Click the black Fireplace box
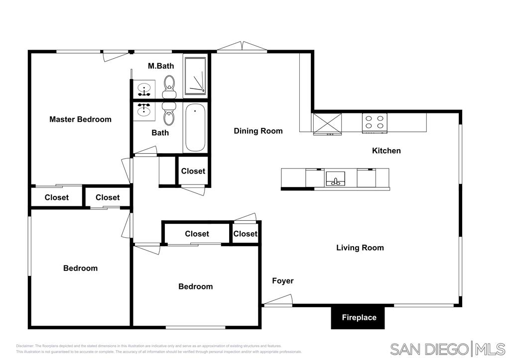click(359, 317)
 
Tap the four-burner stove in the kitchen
click(374, 122)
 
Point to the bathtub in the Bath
click(195, 128)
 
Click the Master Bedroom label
click(80, 119)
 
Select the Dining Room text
click(258, 131)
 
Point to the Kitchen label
click(386, 151)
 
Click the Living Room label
click(360, 248)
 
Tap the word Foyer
click(282, 281)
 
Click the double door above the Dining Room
click(242, 47)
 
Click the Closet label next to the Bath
click(193, 171)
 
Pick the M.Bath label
click(161, 66)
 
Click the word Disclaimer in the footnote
click(24, 346)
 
